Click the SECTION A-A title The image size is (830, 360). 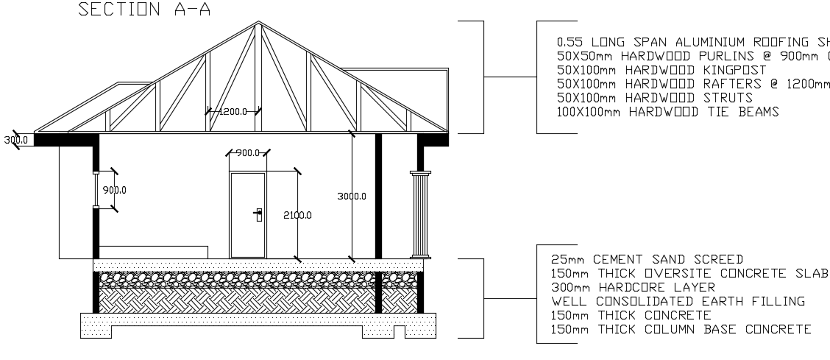tap(144, 10)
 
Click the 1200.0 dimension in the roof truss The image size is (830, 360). tap(233, 111)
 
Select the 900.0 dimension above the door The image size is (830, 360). tap(248, 153)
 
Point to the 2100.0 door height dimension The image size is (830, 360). tap(297, 215)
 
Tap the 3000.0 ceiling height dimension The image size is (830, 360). tap(352, 197)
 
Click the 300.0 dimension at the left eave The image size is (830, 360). tap(15, 139)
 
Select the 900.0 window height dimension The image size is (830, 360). tap(114, 190)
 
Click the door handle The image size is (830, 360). tap(258, 214)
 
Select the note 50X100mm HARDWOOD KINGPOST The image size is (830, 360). tap(661, 70)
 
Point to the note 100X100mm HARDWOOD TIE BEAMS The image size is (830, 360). tap(667, 112)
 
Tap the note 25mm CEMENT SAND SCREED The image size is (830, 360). tap(647, 259)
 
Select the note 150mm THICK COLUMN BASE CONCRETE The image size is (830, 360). tap(681, 329)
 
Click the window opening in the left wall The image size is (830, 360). tap(96, 190)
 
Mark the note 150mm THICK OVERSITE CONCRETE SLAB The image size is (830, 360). tap(689, 273)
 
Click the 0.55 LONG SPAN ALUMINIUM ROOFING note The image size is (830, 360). tap(692, 42)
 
